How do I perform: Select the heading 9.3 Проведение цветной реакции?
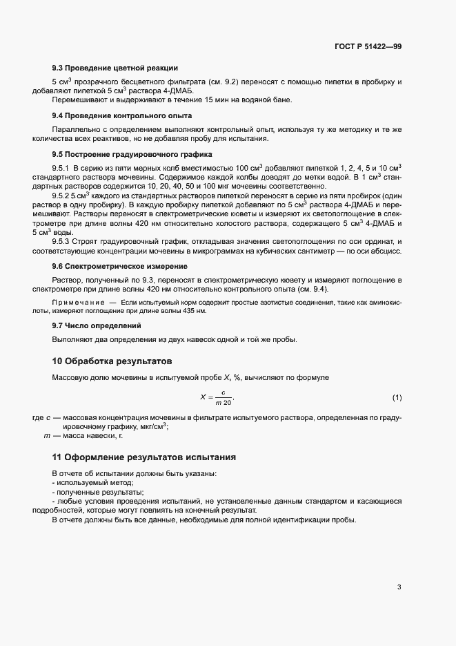point(115,68)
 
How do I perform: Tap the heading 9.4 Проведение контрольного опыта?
point(122,115)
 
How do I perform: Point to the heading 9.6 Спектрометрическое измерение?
point(121,266)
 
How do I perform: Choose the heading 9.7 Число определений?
point(97,325)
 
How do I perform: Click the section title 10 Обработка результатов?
point(112,361)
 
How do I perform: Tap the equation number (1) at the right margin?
point(397,398)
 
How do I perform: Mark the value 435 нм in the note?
point(192,312)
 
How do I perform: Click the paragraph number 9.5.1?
point(62,168)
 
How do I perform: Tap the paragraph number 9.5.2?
point(62,196)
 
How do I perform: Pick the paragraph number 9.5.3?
point(62,241)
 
